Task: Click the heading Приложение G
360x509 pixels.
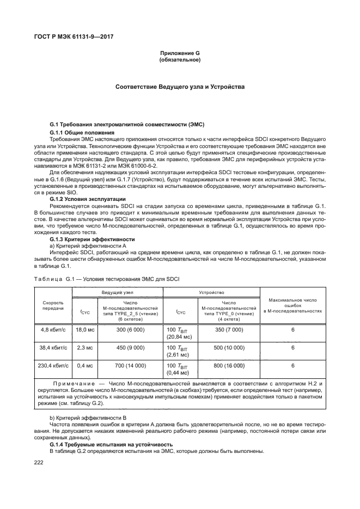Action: tap(180, 53)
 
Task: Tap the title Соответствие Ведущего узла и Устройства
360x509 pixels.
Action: tap(180, 87)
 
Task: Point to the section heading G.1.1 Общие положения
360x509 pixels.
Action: tap(82, 133)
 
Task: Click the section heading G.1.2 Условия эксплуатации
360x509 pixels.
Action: tap(88, 199)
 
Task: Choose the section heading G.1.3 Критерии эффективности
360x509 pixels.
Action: tap(91, 239)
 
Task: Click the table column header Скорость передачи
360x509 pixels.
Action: tap(53, 305)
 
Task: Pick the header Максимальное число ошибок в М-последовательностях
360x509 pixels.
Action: tap(293, 305)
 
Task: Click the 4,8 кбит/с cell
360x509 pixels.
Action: tap(53, 330)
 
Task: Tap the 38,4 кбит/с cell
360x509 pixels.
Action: tap(53, 347)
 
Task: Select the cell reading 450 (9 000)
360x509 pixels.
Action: tap(130, 347)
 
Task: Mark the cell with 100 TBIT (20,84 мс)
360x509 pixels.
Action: tap(180, 334)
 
